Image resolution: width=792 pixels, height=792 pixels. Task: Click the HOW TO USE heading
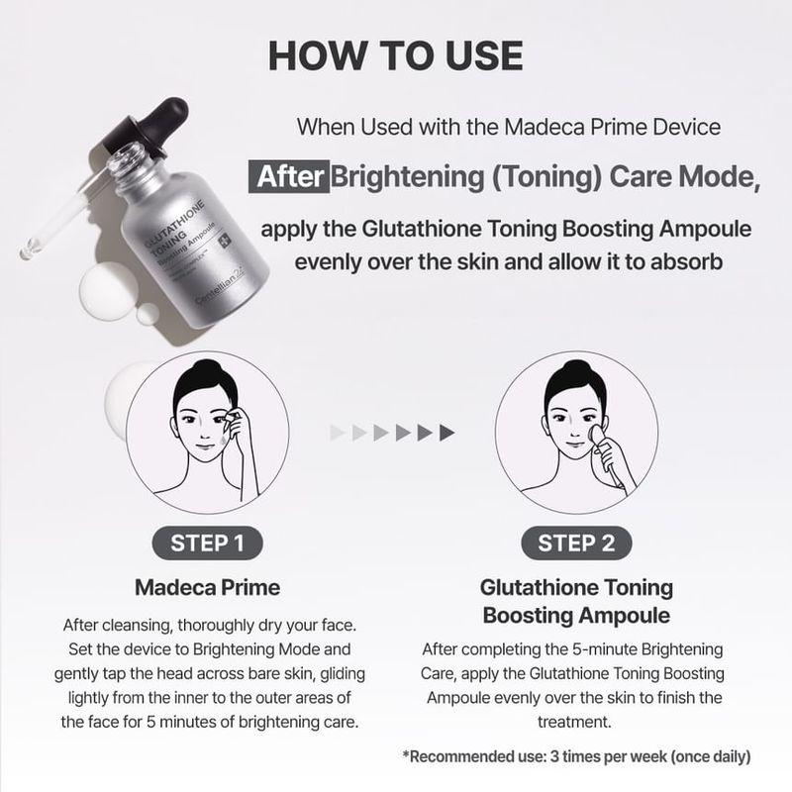coord(395,56)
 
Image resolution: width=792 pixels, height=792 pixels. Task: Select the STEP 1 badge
coord(207,543)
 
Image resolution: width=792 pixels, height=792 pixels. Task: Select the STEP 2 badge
coord(575,543)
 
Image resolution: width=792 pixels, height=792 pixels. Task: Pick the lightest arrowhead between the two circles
coord(337,432)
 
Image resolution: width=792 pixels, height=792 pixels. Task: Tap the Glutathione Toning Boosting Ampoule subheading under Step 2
coord(575,601)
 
